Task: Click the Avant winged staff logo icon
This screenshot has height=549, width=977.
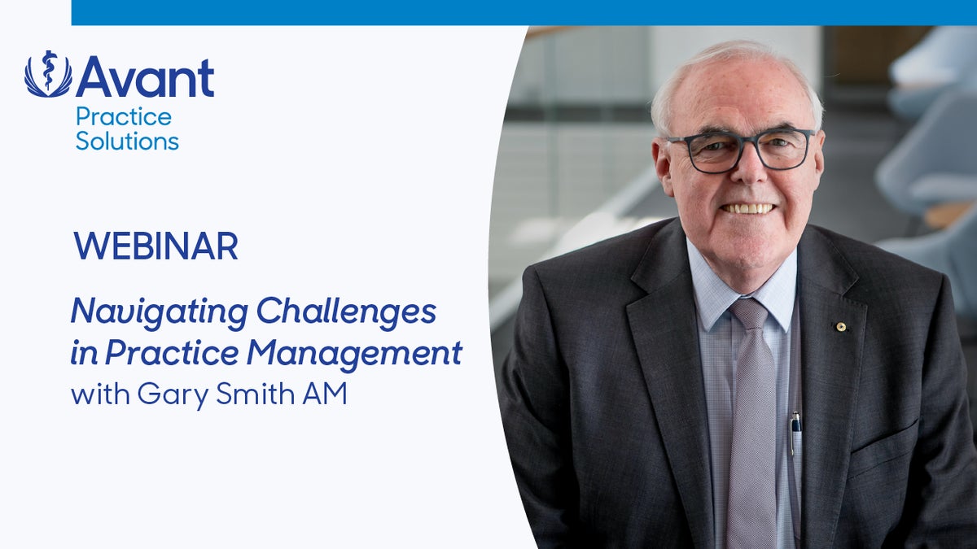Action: click(x=48, y=74)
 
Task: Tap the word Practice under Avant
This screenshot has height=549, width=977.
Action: click(x=123, y=117)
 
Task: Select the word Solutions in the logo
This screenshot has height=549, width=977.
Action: click(x=127, y=141)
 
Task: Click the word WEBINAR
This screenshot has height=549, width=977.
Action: click(x=156, y=246)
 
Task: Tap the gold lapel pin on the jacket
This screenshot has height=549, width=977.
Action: click(x=841, y=327)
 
